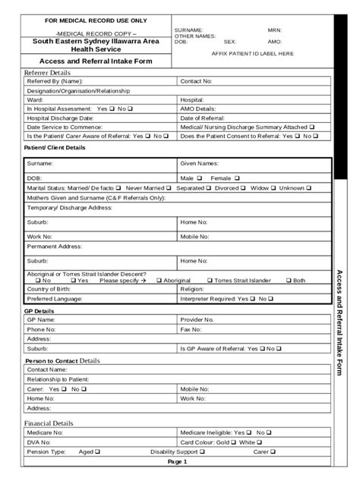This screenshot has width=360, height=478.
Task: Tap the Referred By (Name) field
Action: [x=114, y=80]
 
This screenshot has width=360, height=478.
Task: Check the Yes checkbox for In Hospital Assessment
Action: [x=111, y=109]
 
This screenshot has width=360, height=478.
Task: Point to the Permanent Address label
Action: [x=54, y=247]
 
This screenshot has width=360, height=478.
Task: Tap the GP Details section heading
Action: [x=39, y=311]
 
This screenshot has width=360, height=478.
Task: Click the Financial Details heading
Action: [x=49, y=423]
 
